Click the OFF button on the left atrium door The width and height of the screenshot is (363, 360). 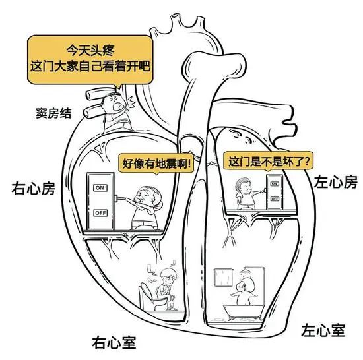pyautogui.click(x=274, y=198)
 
